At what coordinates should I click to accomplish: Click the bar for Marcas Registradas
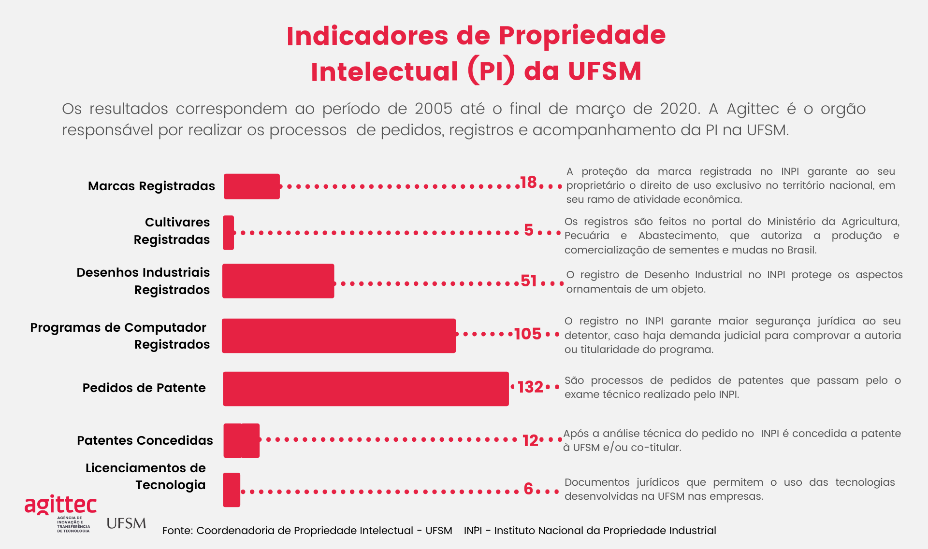click(251, 186)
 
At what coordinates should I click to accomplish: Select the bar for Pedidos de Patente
click(365, 389)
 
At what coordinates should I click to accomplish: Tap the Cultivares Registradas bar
click(229, 233)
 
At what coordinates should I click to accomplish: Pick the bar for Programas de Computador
click(338, 336)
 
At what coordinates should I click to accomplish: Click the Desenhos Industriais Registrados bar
click(278, 281)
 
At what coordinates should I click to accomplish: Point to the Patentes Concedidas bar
click(241, 440)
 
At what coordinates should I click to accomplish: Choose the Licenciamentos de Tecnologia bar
click(232, 490)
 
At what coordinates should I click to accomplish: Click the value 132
click(530, 387)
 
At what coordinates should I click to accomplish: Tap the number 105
click(527, 334)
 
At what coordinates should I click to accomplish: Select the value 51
click(529, 281)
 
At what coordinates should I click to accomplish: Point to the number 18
click(528, 183)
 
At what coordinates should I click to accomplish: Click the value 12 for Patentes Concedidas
click(530, 440)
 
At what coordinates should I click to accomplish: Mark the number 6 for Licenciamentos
click(528, 489)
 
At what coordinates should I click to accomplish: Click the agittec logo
click(60, 505)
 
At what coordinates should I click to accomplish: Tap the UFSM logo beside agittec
click(126, 523)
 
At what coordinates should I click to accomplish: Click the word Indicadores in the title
click(367, 36)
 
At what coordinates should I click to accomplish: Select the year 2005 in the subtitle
click(433, 109)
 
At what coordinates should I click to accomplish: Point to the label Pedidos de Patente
click(144, 388)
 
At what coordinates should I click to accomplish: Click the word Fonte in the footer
click(177, 531)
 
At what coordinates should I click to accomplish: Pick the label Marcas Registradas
click(151, 186)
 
